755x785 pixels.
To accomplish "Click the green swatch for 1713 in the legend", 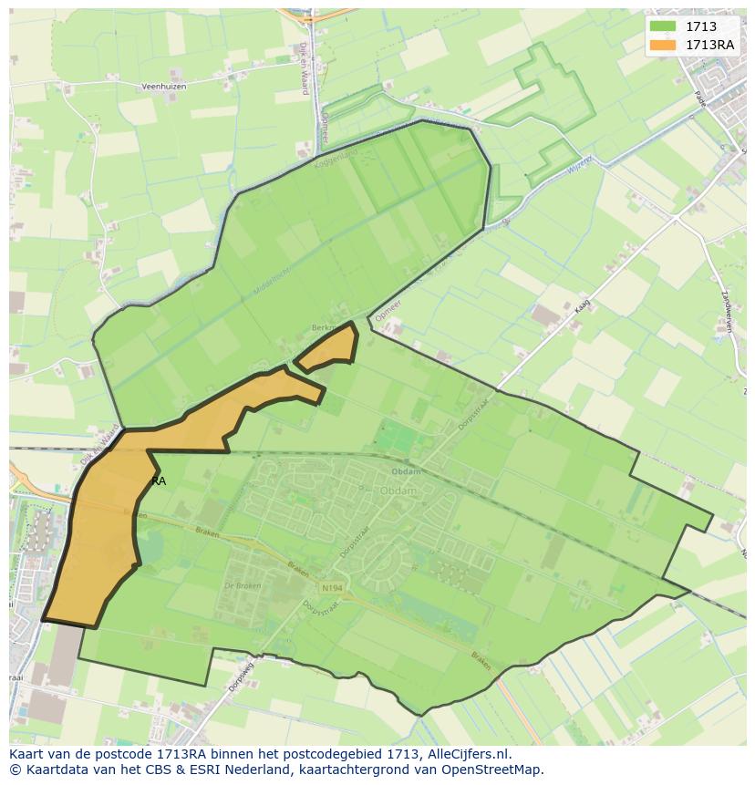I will click(x=663, y=26).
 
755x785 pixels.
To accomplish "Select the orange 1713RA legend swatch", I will click(x=663, y=45).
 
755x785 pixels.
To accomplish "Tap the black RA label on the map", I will click(x=159, y=480).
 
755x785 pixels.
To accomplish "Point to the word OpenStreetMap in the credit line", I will click(x=498, y=770).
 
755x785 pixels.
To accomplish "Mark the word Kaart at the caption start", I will click(x=27, y=754).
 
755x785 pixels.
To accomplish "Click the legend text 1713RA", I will click(x=709, y=45).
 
